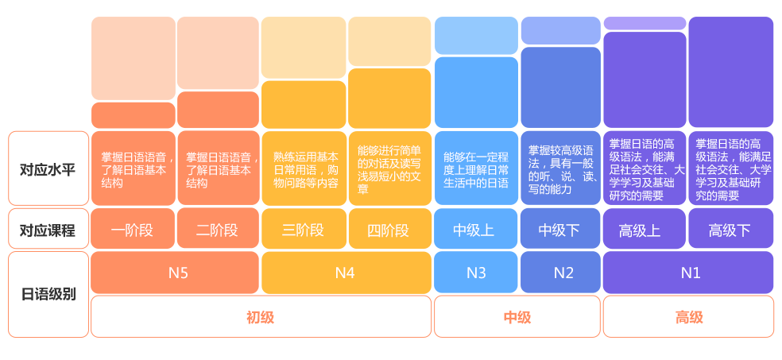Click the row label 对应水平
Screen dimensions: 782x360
click(48, 169)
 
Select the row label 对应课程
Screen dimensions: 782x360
click(48, 230)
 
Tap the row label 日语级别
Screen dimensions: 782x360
click(48, 294)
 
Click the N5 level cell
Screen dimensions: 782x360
click(175, 273)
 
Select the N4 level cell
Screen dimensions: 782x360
click(346, 273)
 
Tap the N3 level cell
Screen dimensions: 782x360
click(476, 273)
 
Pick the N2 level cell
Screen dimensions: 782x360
click(560, 273)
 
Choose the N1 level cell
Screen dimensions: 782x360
click(688, 273)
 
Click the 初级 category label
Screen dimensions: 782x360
click(261, 317)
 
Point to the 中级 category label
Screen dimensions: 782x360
click(517, 317)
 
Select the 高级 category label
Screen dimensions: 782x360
click(689, 317)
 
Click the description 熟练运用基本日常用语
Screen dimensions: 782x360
click(306, 163)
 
